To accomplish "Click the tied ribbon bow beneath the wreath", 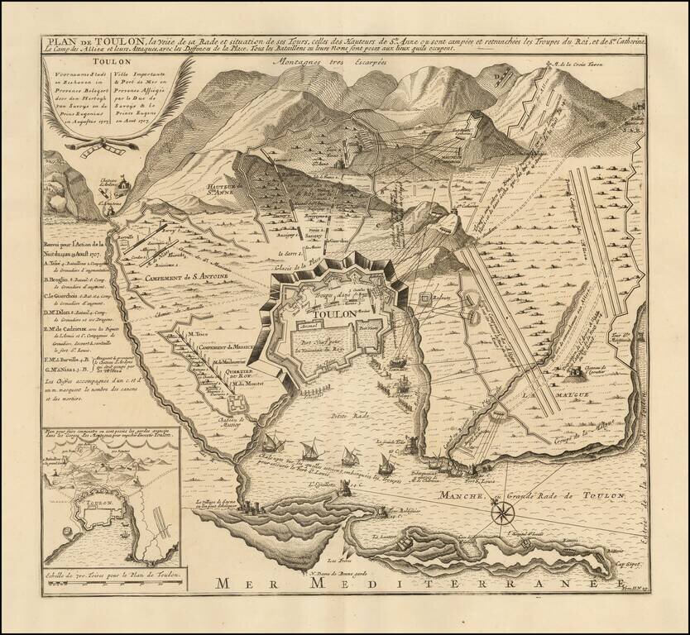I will (x=111, y=147).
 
